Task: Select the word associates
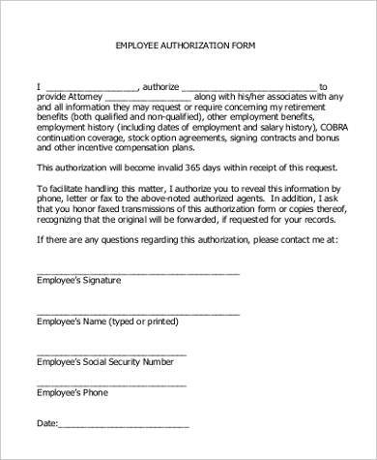(x=295, y=97)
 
